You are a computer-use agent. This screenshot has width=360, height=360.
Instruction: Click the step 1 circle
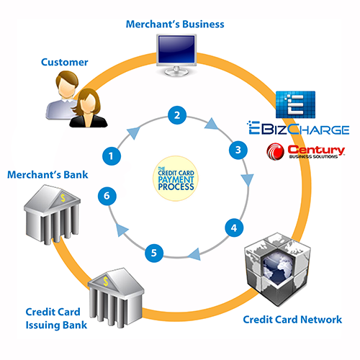point(112,156)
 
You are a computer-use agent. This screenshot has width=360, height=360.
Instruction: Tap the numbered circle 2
point(177,115)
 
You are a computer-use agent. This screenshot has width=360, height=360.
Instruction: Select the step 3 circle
point(238,150)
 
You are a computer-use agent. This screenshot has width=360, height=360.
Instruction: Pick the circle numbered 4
point(234,228)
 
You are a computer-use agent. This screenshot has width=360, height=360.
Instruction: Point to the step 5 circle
point(154,253)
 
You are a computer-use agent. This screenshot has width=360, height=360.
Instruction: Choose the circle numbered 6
point(107,196)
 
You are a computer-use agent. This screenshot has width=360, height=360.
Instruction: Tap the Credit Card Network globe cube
point(277,269)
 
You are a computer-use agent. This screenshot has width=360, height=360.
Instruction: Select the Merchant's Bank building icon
point(52,214)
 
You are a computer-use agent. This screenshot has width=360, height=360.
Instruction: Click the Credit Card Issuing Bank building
point(116,297)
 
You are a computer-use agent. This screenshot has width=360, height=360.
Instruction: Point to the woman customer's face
point(87,103)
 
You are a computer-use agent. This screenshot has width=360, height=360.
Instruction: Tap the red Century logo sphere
point(275,151)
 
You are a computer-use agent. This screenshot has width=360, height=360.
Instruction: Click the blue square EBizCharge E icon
point(295,104)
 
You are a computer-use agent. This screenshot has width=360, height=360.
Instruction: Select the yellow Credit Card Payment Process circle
point(176,179)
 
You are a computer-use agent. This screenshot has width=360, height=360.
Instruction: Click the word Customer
point(64,62)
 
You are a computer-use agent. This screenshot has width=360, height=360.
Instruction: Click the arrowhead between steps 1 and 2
point(133,132)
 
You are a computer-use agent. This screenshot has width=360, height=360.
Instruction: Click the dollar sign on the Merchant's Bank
point(63,198)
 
